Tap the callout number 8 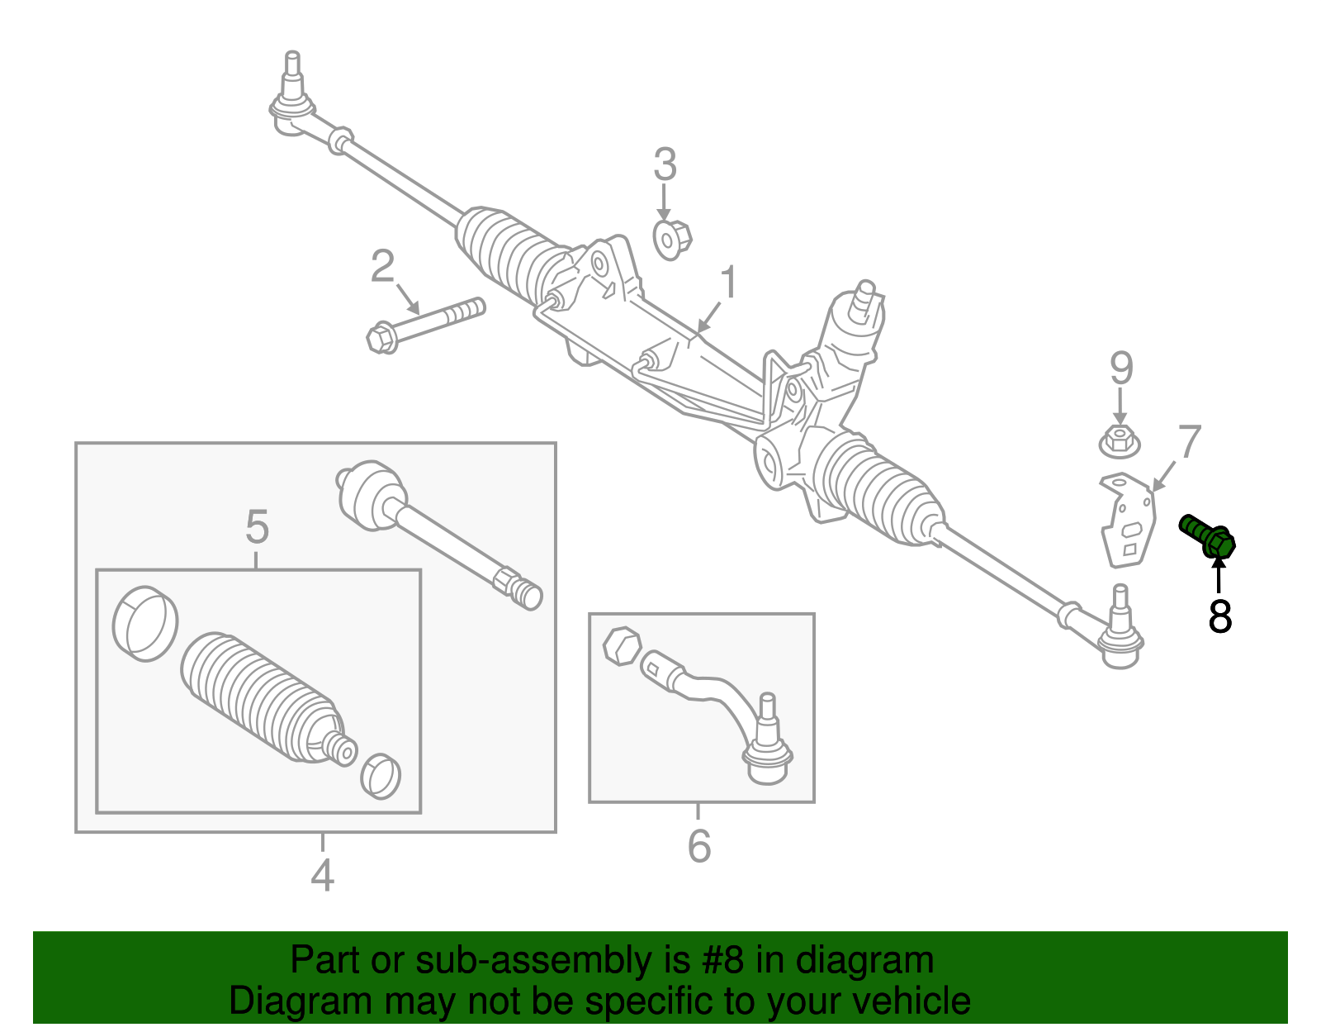1219,616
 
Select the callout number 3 665,164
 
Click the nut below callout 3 671,240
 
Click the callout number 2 382,267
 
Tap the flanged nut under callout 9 1120,441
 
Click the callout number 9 1120,368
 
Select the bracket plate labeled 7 1127,521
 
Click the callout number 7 1189,442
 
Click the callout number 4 322,876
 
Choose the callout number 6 698,845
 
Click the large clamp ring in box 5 145,623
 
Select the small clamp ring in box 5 381,775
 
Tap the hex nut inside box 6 622,645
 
